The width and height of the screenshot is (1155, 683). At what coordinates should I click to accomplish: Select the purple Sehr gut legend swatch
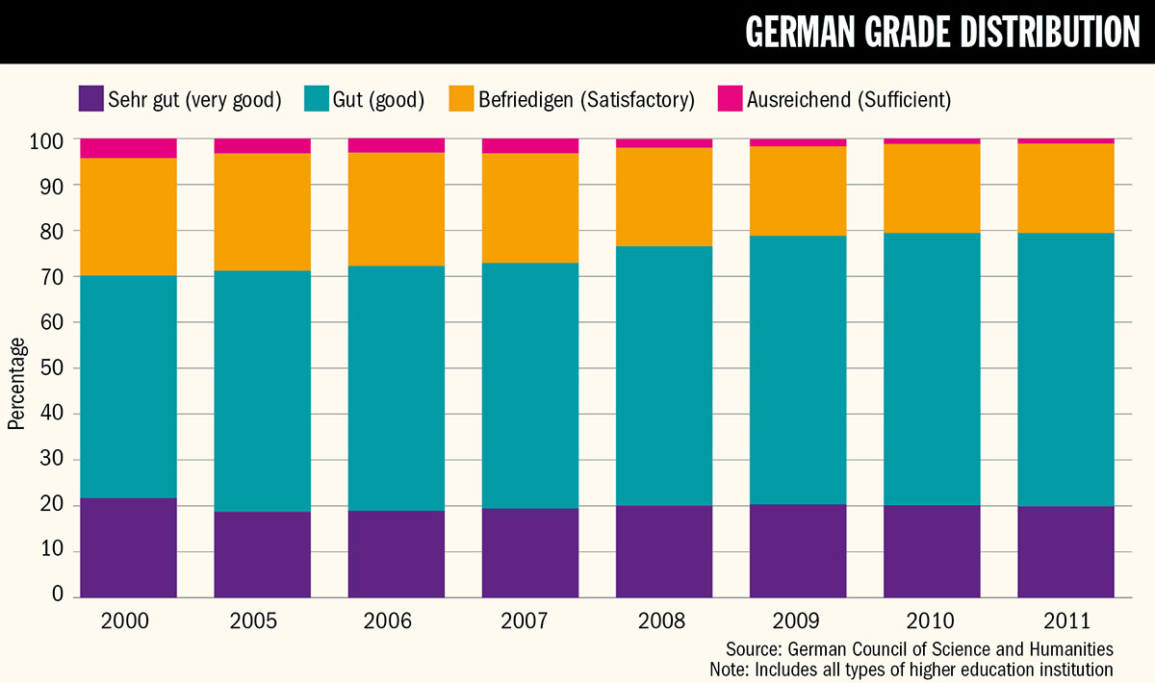[90, 99]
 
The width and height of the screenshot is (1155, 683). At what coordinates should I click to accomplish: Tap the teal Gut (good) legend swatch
[318, 99]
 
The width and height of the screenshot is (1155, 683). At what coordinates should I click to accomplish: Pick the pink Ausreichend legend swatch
[730, 99]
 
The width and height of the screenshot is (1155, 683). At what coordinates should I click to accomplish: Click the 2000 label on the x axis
[128, 620]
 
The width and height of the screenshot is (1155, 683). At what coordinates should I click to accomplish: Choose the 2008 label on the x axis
[664, 620]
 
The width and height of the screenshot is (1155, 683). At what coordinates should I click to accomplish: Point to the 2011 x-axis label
[1066, 620]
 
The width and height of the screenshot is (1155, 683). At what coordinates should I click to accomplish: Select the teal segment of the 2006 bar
[397, 388]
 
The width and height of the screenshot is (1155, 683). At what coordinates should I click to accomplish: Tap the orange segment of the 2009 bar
[798, 190]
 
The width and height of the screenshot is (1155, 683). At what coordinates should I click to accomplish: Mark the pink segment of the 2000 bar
[128, 148]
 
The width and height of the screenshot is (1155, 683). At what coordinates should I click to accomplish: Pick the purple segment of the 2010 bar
[932, 550]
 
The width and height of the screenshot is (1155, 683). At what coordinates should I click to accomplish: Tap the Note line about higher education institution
[911, 669]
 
